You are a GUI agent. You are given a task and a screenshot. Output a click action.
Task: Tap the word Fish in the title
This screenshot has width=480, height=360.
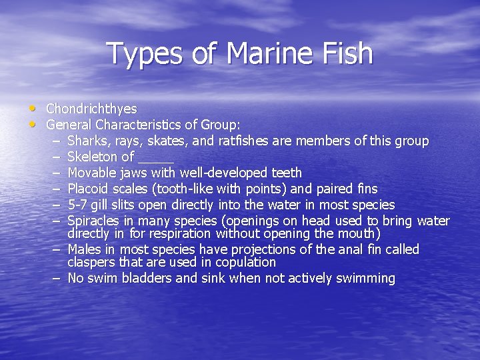click(x=346, y=53)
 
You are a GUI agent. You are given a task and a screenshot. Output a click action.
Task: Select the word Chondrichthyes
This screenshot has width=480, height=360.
click(x=91, y=109)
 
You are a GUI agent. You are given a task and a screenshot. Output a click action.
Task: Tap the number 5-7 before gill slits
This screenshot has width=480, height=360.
click(x=78, y=205)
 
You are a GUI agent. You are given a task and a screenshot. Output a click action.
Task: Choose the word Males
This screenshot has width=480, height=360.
click(x=85, y=250)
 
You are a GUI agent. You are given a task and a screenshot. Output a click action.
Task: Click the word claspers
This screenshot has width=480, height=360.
click(x=93, y=262)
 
